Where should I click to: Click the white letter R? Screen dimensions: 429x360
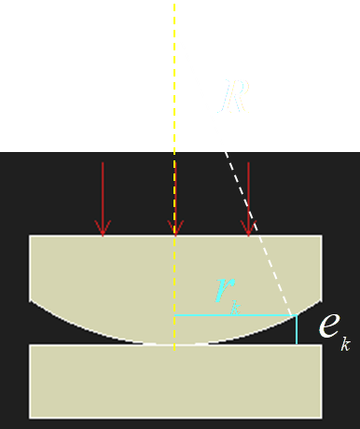click(234, 97)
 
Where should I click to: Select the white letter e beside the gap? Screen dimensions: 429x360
click(328, 325)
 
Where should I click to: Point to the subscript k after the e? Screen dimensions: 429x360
click(345, 344)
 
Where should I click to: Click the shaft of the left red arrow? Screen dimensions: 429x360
click(103, 191)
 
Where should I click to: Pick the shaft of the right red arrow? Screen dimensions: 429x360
click(248, 191)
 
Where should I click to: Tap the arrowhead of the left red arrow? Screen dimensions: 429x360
click(103, 228)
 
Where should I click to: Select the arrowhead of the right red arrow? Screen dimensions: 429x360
click(248, 228)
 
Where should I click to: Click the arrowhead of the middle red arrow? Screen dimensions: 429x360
click(174, 228)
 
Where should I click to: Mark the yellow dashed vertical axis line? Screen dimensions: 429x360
click(174, 112)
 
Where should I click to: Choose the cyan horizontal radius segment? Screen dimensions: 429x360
click(233, 316)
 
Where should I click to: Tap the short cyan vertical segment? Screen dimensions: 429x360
click(297, 330)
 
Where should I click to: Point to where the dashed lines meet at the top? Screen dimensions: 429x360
click(174, 28)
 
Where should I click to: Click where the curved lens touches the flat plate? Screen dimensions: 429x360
click(174, 344)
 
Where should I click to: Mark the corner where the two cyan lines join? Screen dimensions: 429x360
click(297, 316)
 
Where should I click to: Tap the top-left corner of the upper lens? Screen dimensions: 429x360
click(31, 236)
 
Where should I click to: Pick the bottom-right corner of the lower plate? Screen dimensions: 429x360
click(321, 416)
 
